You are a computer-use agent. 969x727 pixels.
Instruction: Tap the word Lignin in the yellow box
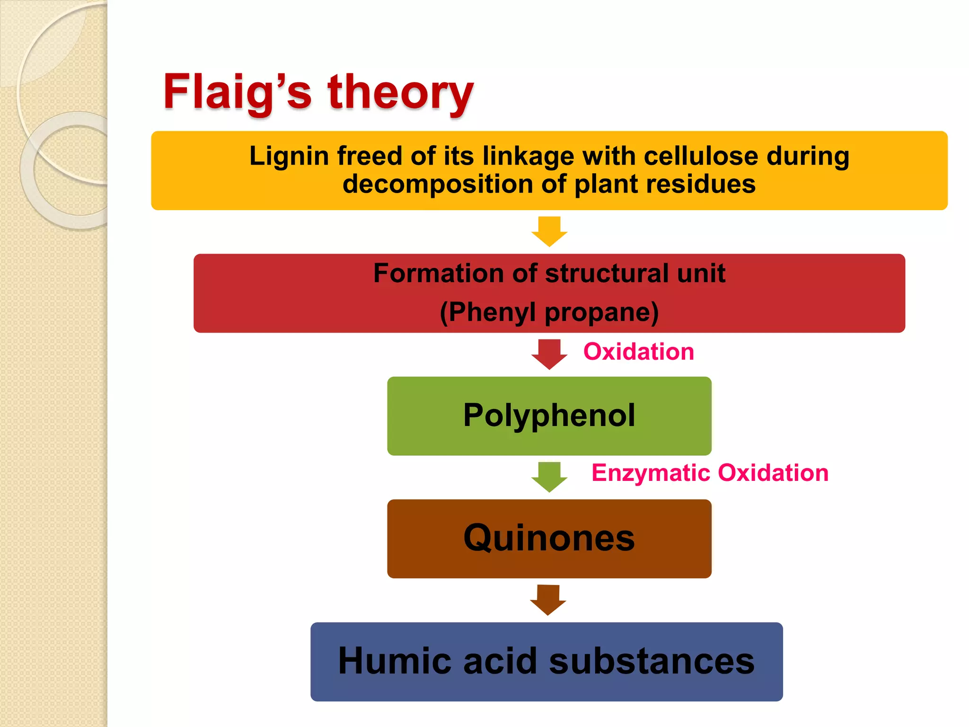coord(289,156)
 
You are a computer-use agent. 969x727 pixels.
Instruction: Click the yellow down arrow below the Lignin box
coord(549,231)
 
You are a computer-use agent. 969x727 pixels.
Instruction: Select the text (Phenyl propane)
coord(549,312)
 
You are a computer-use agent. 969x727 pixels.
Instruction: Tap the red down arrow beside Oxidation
coord(549,354)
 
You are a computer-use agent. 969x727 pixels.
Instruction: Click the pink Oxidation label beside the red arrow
coord(638,352)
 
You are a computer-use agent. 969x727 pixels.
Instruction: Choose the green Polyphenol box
coord(549,416)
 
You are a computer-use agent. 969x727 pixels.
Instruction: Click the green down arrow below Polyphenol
coord(549,477)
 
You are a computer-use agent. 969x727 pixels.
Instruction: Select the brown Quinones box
coord(549,538)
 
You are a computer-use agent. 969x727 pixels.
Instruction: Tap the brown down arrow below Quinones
coord(548,599)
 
